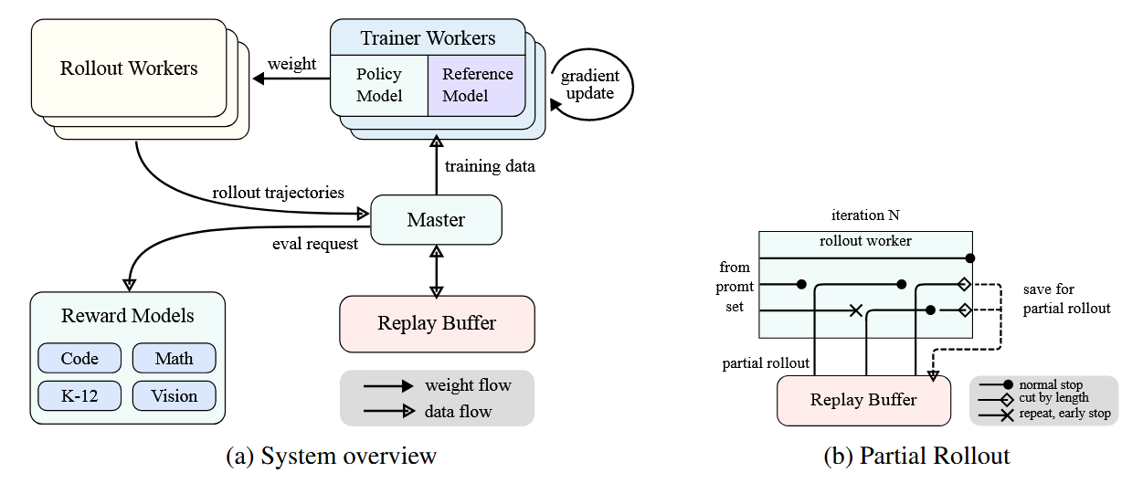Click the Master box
(x=436, y=220)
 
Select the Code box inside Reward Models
(x=79, y=358)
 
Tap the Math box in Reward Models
(x=174, y=358)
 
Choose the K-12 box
(x=79, y=396)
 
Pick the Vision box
(x=174, y=396)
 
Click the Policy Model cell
(x=379, y=85)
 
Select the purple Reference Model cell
(x=477, y=85)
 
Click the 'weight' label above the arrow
(x=291, y=64)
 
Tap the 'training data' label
(x=490, y=166)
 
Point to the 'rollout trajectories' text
(x=278, y=193)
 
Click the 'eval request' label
(x=314, y=244)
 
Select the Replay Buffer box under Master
(x=436, y=323)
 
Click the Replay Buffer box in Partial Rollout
(x=863, y=400)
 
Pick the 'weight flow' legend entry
(x=468, y=385)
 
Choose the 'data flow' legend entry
(x=458, y=412)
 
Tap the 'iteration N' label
(x=864, y=216)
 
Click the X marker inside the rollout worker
(x=856, y=310)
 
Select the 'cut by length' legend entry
(x=1053, y=398)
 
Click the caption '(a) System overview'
(x=331, y=456)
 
